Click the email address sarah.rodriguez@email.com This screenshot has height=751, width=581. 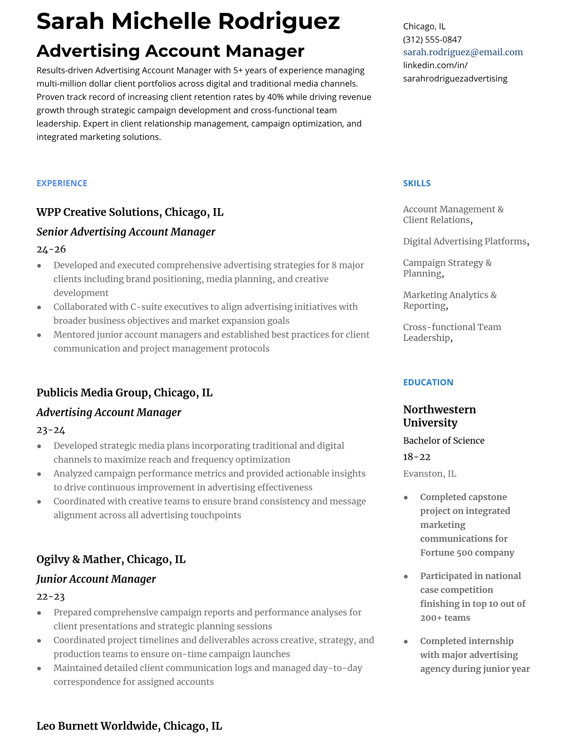coord(463,52)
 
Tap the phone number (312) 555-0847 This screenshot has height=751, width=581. coord(432,39)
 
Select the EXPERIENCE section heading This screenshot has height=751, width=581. coord(62,183)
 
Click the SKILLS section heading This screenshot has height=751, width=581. coord(416,183)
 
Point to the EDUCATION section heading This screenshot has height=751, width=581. coord(428,382)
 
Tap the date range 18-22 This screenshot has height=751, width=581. coord(416,457)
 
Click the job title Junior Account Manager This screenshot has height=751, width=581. coord(96,579)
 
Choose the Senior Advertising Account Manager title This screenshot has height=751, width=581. coord(126,232)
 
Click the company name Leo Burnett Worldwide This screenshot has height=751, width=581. coord(98,726)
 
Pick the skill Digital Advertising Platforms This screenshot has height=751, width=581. coord(465,241)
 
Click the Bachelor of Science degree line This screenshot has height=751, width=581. coord(443,440)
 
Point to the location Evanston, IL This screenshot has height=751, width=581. coord(429,474)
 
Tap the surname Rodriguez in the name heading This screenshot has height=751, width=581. coord(279,21)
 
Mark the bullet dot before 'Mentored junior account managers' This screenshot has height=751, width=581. coord(39,335)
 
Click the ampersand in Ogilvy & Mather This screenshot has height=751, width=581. coord(76,559)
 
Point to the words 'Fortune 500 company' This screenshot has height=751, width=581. coord(467,553)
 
